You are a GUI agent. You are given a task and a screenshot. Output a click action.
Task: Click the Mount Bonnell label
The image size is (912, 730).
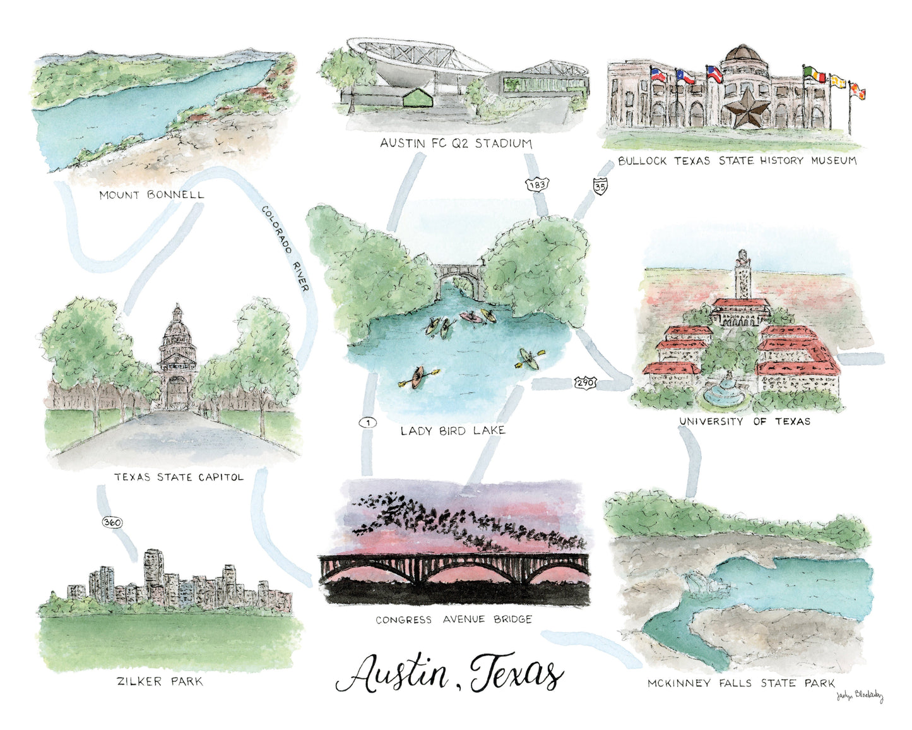[x=151, y=194]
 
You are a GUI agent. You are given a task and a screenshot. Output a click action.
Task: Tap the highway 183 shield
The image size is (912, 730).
[x=537, y=184]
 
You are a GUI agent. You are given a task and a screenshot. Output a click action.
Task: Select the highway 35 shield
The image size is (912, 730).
[x=600, y=186]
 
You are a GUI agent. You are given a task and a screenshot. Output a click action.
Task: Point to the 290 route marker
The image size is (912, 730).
[x=584, y=382]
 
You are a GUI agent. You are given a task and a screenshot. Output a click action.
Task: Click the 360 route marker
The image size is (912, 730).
[x=112, y=523]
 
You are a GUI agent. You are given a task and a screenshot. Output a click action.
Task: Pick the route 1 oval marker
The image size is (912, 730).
[x=367, y=423]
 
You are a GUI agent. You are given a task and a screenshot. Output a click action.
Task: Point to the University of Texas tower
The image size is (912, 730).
[x=741, y=278]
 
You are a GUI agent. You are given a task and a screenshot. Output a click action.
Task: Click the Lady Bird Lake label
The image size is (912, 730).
[x=453, y=431]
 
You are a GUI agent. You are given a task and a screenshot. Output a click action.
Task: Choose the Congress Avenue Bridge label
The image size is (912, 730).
[x=454, y=619]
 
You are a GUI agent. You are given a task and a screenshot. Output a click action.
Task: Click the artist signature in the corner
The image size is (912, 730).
[x=859, y=697]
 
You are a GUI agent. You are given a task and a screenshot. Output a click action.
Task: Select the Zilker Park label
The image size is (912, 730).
[x=160, y=681]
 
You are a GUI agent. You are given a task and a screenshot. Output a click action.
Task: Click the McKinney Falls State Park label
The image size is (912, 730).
[x=741, y=683]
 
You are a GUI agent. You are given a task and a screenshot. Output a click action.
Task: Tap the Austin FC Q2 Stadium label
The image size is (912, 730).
[x=456, y=143]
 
